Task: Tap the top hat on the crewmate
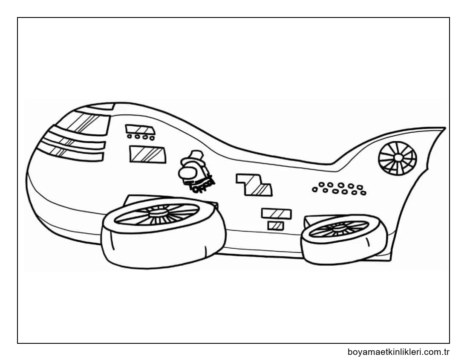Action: coord(196,154)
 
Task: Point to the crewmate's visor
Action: coord(188,172)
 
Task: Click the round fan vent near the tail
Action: coord(397,158)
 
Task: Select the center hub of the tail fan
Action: coord(398,157)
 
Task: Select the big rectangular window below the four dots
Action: coord(147,154)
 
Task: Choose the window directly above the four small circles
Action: coord(139,129)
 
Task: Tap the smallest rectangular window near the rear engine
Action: coord(275,226)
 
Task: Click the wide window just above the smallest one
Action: coord(276,213)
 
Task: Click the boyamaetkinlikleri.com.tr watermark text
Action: coord(399,352)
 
